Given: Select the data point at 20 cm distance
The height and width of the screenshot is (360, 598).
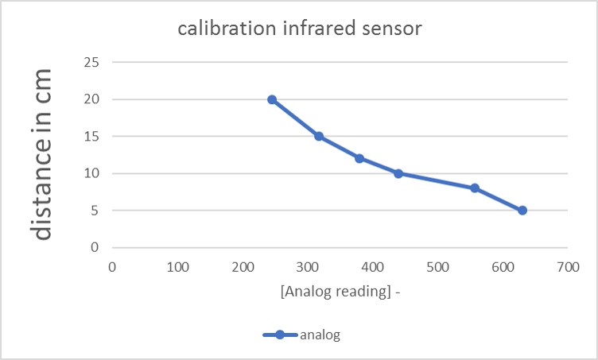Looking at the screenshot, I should pos(272,99).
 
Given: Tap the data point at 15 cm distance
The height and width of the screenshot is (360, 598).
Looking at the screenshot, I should pos(319,136).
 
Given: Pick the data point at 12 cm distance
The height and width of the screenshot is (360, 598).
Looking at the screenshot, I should pos(359,158).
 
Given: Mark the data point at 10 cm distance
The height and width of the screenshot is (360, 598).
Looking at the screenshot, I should pos(398,173).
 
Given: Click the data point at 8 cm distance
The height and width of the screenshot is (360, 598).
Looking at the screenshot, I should pos(475,188).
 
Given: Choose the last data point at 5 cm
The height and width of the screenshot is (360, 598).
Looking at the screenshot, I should pos(522,211).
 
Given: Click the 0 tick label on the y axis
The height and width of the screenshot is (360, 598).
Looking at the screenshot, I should pos(95,247).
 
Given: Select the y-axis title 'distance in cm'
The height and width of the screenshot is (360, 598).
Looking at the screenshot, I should pos(43,154).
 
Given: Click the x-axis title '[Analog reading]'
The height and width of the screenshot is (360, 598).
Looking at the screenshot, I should pos(336,292).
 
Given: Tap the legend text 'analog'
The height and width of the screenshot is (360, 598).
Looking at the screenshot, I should pos(320,335).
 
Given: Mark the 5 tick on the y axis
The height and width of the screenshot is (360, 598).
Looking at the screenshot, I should pos(95,211).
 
